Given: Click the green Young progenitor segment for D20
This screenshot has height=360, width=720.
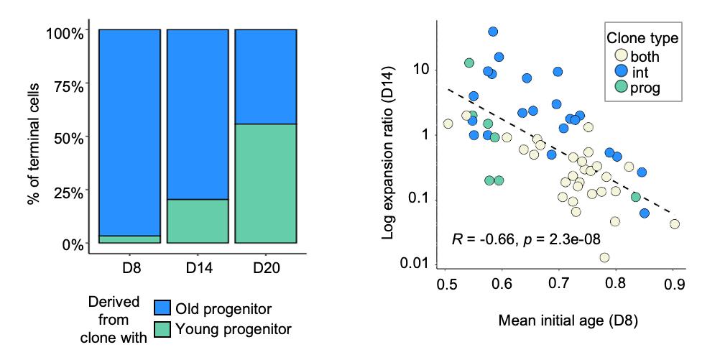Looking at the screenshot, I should click(266, 183).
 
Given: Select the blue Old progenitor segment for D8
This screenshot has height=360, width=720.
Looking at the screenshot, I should click(129, 132).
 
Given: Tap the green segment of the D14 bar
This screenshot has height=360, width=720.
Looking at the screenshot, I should click(198, 221).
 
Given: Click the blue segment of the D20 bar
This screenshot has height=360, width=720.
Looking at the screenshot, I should click(266, 77).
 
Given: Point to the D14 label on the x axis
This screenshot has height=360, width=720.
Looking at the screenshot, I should click(198, 269).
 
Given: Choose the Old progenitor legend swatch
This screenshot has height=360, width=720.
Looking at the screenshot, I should click(163, 308).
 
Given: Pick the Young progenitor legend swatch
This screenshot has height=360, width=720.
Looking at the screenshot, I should click(163, 329).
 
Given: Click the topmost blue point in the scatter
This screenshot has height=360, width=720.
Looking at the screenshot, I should click(493, 32).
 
